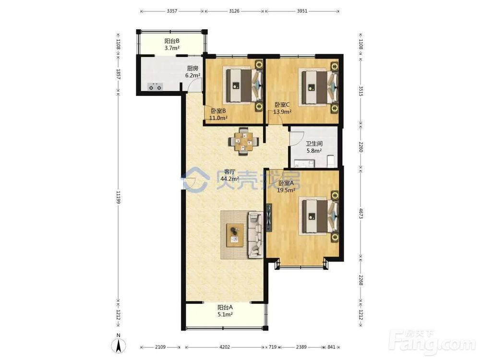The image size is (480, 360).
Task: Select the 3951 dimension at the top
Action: click(302, 11)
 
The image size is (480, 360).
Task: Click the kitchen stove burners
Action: click(155, 86)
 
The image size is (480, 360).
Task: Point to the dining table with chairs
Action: click(244, 142)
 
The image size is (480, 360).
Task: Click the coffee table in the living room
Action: click(235, 235)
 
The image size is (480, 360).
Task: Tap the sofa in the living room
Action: click(256, 234)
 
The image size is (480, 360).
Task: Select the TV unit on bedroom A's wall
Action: click(269, 217)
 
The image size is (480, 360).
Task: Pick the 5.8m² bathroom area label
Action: click(314, 151)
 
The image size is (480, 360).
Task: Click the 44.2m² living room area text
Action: click(229, 179)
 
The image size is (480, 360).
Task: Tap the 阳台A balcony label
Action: click(225, 307)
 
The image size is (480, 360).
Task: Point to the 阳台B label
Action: click(172, 41)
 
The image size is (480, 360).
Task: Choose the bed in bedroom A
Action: click(319, 216)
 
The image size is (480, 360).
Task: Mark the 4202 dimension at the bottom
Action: click(224, 347)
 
